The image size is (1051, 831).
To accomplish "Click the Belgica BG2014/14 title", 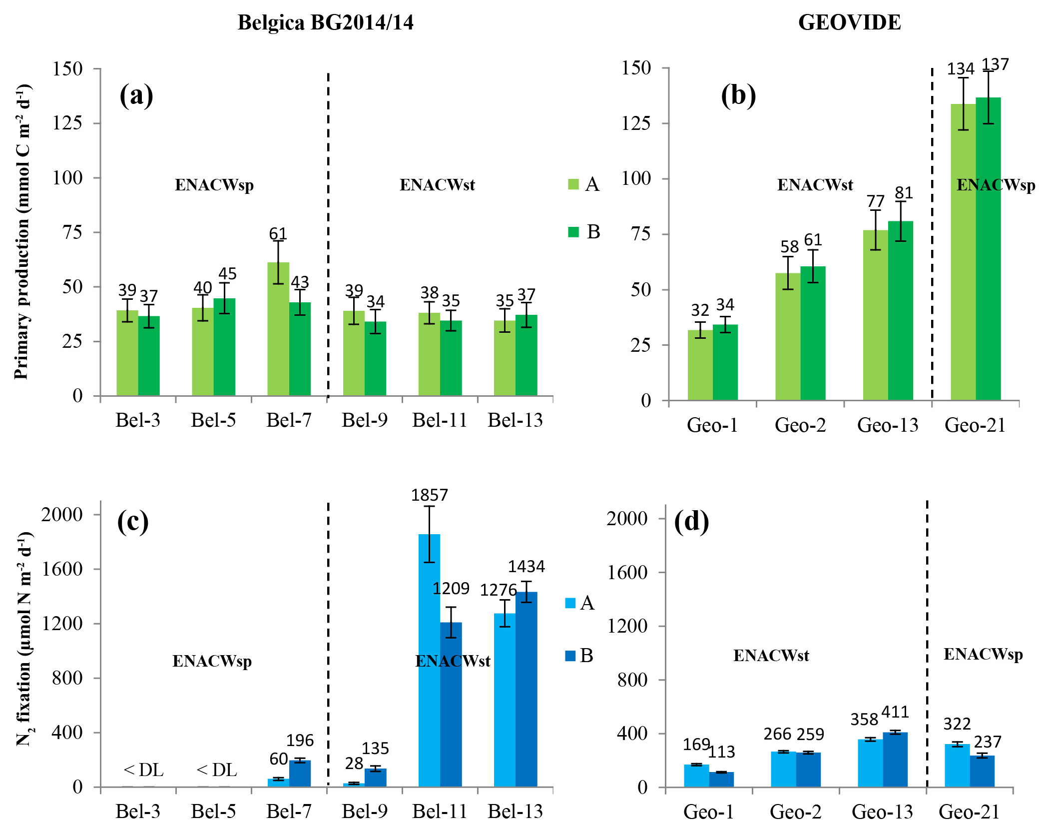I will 325,22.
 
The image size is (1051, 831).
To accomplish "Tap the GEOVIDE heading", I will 849,22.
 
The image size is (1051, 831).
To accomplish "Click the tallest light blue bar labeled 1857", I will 429,660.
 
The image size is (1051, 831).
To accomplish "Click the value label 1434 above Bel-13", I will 526,566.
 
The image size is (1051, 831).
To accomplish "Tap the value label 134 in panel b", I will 960,69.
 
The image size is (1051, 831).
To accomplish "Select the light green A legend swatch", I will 573,184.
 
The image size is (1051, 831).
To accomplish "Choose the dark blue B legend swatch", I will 570,656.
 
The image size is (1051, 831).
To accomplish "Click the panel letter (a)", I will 136,95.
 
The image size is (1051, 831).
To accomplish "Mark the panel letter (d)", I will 691,521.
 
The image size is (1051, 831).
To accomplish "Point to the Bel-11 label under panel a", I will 440,420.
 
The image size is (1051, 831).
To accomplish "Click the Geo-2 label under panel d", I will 795,812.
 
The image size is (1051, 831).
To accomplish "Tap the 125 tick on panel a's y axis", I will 67,123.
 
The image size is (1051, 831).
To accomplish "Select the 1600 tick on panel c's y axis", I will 62,569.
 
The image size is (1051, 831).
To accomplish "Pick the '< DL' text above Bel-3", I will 143,770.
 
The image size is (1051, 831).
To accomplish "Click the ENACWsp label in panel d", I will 983,654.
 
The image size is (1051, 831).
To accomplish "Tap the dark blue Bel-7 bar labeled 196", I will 300,773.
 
